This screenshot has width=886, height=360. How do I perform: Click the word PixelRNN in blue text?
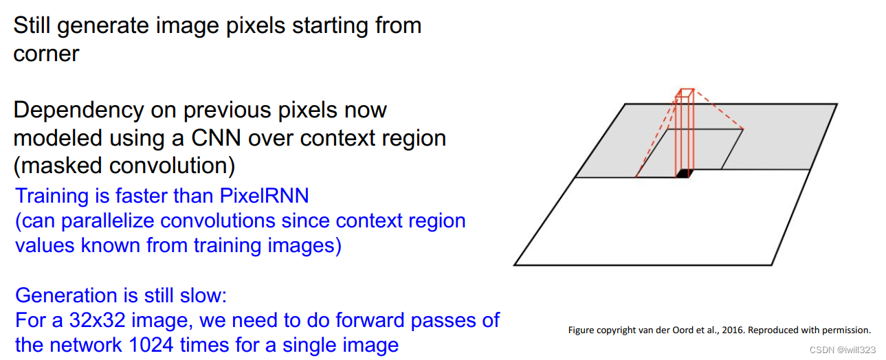(x=265, y=196)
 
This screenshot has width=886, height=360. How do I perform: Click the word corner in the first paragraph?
(x=46, y=54)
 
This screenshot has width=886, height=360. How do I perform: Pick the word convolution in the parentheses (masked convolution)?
(x=184, y=166)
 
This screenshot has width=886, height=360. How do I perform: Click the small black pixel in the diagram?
(x=682, y=173)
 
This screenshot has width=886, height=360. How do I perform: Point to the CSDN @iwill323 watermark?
(x=843, y=350)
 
